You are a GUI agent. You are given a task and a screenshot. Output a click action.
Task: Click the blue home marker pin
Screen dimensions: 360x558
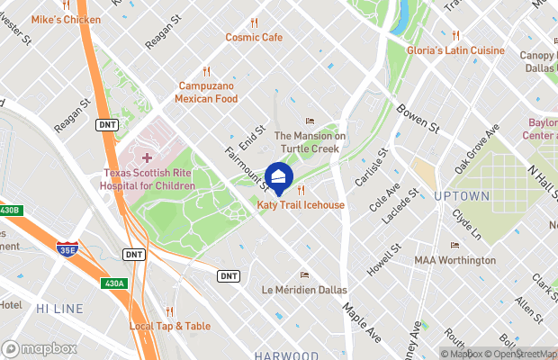[x=279, y=178]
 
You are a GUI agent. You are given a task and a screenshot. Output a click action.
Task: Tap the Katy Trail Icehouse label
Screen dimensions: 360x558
[x=301, y=205]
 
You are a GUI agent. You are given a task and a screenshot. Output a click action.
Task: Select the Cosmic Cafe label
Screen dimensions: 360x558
[x=254, y=37]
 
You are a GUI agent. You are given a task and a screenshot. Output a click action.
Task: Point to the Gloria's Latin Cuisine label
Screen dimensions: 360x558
[x=455, y=50]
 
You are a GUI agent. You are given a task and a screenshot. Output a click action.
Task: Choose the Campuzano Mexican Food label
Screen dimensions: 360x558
[x=206, y=92]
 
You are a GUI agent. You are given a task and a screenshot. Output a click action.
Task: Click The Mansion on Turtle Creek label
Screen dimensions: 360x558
[x=310, y=141]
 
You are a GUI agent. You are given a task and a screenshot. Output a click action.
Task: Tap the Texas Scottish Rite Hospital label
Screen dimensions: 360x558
[x=148, y=179]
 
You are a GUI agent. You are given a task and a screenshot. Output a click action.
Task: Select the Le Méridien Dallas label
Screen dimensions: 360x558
[x=303, y=289]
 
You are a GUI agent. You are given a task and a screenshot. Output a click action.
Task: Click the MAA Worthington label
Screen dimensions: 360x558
[x=454, y=260]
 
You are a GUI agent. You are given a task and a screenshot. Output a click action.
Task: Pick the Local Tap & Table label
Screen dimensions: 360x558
[x=170, y=326]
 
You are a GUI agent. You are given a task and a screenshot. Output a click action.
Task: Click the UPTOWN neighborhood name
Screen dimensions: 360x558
[x=462, y=195]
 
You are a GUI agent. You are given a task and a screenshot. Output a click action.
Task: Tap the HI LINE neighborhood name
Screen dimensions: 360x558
[x=60, y=308]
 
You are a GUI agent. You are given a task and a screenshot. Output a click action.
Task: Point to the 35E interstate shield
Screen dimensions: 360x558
[x=66, y=248]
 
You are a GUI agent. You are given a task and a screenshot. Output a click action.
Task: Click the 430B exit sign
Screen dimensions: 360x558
[x=8, y=210]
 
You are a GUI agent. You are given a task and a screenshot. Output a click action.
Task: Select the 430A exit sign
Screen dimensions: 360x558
[x=113, y=283]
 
